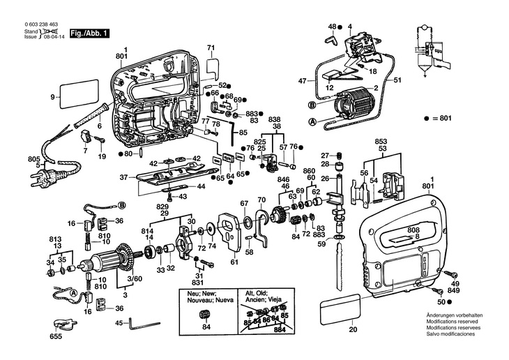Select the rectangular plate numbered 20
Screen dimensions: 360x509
[x=340, y=309]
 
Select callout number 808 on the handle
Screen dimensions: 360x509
[x=413, y=230]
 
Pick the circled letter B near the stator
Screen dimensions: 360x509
[x=312, y=106]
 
